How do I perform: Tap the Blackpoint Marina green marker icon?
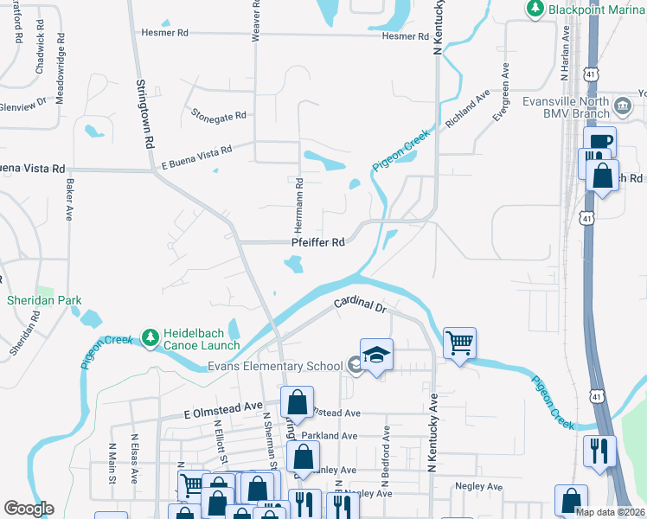tap(535, 8)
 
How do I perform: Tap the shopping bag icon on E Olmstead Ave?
tap(297, 402)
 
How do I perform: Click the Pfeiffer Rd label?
tap(319, 242)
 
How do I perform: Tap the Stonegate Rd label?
tap(219, 114)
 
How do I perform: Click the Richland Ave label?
tap(468, 108)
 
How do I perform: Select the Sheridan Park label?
tap(44, 301)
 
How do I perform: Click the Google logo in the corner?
tap(29, 508)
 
